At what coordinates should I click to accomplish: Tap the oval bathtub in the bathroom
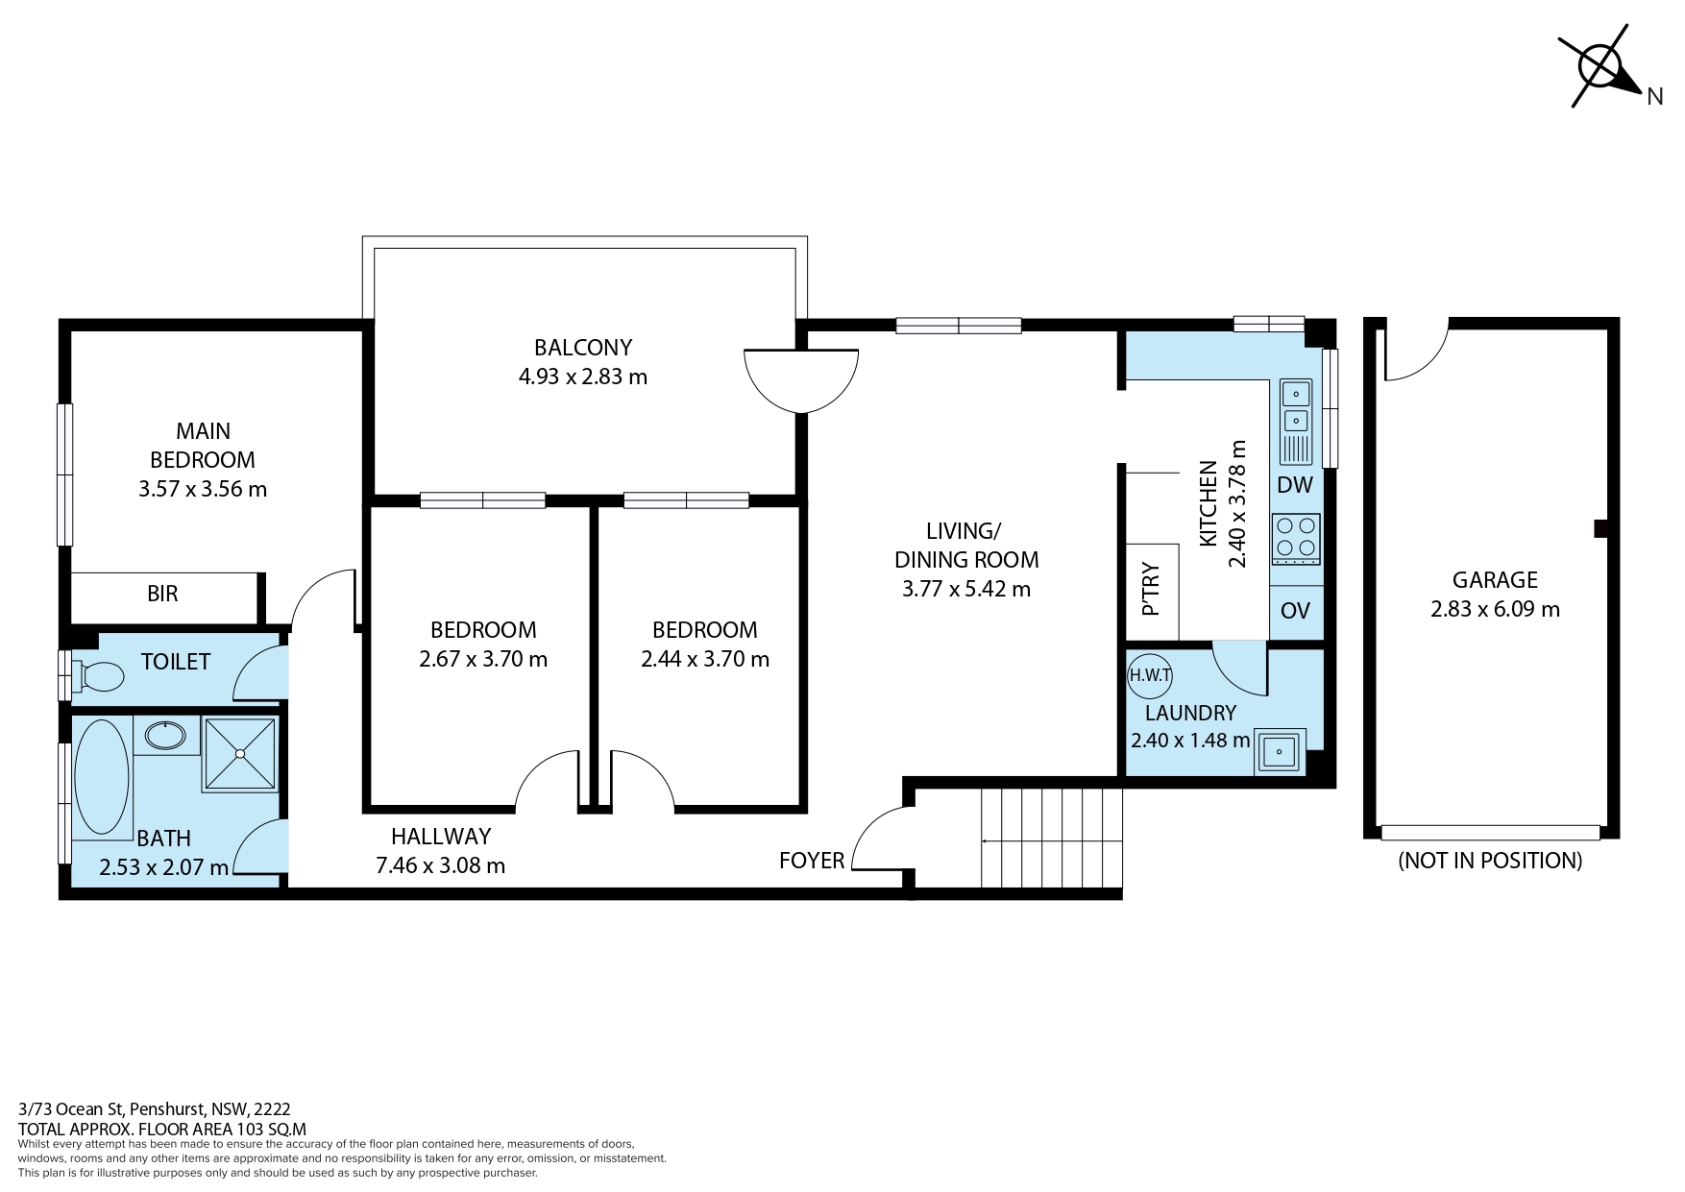click(101, 777)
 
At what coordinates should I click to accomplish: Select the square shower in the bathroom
click(240, 754)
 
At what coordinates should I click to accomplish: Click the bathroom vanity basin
click(165, 736)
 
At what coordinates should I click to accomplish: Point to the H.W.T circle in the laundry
click(1150, 674)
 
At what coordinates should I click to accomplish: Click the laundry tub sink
click(1280, 751)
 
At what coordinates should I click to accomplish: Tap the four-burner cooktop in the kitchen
click(1296, 539)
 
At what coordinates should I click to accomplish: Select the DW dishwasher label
click(1295, 485)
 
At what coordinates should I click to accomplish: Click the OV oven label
click(1296, 611)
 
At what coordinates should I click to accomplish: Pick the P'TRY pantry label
click(1151, 590)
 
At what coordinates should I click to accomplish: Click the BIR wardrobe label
click(162, 594)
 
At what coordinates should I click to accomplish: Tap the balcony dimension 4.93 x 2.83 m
click(583, 377)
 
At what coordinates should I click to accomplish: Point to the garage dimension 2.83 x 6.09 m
click(1495, 609)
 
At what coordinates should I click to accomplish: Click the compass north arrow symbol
click(1602, 65)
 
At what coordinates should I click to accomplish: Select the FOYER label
click(812, 861)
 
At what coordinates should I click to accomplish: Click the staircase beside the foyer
click(1052, 839)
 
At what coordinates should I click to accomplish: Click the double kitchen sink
click(1296, 407)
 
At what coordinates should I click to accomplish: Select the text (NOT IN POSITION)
click(1490, 861)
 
